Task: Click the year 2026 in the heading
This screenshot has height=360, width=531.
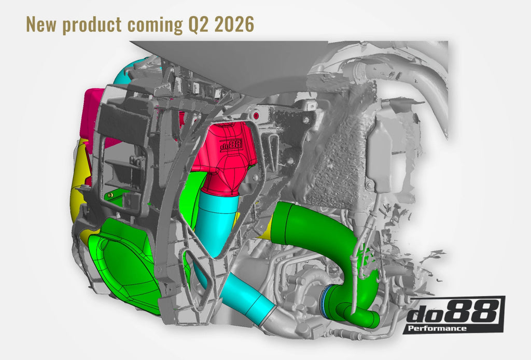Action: tap(234, 25)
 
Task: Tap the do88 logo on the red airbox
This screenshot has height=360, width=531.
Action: tap(232, 145)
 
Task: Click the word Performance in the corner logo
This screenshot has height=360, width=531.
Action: tap(437, 328)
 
